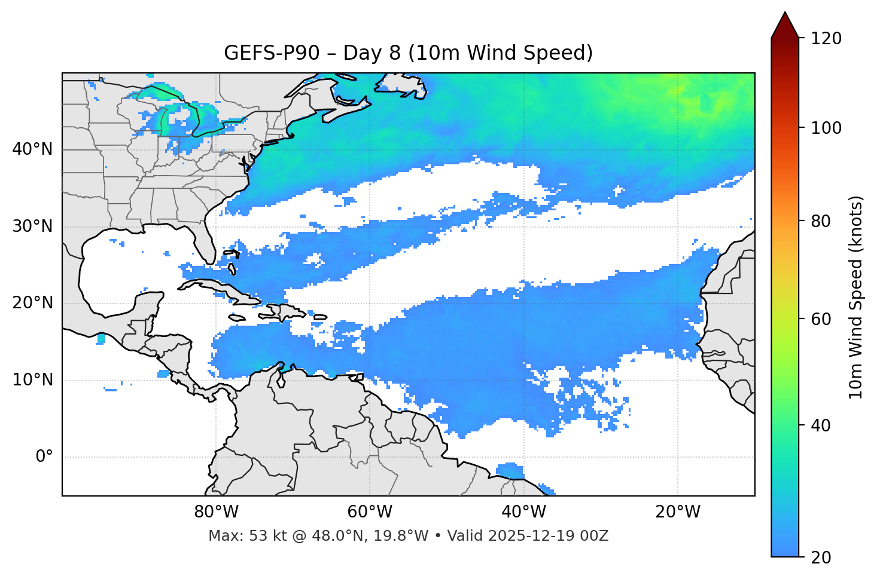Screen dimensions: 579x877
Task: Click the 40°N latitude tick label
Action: [32, 149]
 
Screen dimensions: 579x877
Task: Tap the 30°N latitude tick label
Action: [32, 226]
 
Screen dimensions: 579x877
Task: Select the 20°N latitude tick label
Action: [32, 303]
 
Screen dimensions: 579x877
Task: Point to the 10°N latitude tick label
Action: [32, 380]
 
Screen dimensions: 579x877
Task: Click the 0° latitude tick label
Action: [44, 457]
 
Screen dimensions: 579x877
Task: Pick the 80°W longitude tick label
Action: [216, 512]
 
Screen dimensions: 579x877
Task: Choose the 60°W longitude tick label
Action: [370, 512]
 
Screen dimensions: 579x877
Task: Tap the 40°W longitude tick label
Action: [523, 512]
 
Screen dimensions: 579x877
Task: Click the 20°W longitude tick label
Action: [677, 512]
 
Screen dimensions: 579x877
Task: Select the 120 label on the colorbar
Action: [826, 39]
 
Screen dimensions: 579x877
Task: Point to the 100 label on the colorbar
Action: [826, 128]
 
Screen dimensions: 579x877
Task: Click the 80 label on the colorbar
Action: [822, 221]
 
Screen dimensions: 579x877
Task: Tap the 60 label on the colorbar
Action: [822, 319]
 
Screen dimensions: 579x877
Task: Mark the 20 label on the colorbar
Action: [822, 557]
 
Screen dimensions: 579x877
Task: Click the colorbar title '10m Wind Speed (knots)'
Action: [856, 297]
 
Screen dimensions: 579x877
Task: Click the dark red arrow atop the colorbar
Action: [785, 26]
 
